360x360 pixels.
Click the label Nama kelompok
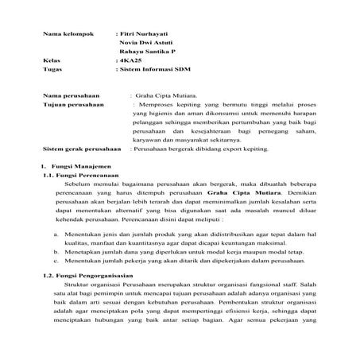tap(67, 35)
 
